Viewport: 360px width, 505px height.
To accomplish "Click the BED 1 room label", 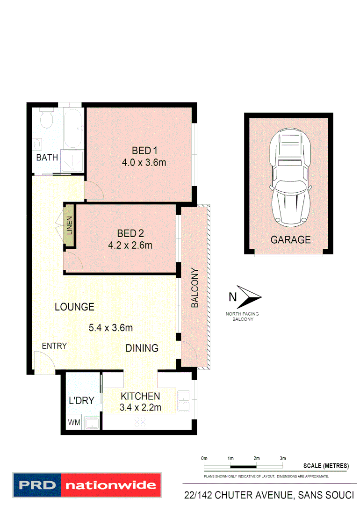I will [x=144, y=151].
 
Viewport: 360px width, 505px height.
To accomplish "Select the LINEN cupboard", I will [x=69, y=225].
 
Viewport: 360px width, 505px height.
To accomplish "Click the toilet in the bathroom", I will [x=46, y=119].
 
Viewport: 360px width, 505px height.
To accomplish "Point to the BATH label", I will [x=47, y=158].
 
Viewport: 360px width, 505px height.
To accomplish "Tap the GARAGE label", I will [x=290, y=240].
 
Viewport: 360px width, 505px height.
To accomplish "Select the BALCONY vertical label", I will [x=195, y=288].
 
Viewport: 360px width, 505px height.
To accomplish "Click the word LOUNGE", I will [x=74, y=307].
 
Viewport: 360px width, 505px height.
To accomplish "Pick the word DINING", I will [x=142, y=348].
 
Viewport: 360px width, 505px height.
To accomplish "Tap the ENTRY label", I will [x=54, y=346].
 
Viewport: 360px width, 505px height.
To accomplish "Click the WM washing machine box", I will [x=74, y=423].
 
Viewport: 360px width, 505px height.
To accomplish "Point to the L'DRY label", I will [x=82, y=400].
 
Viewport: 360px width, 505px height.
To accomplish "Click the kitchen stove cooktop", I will [x=140, y=422].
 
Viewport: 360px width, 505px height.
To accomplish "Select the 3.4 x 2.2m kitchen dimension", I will [x=140, y=407].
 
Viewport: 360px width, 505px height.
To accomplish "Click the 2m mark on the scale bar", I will [x=257, y=458].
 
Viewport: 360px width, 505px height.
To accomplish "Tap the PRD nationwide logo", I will [x=86, y=484].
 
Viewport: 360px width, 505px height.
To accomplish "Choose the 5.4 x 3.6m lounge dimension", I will [x=111, y=328].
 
